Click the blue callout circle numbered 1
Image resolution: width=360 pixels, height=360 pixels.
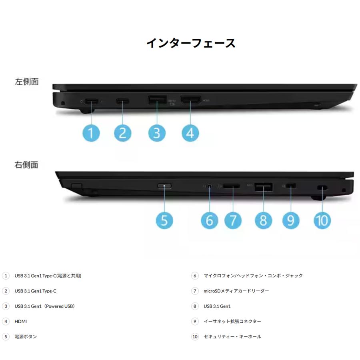[x=92, y=132]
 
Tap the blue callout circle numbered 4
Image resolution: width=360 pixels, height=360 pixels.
[x=190, y=132]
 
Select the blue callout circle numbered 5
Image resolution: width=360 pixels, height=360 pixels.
[x=164, y=220]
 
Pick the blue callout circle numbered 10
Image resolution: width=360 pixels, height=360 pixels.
[x=322, y=220]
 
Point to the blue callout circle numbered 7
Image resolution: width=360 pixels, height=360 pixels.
[x=233, y=220]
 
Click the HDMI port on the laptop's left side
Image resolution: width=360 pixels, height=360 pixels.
[x=190, y=100]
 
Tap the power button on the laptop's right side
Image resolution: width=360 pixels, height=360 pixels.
[x=164, y=186]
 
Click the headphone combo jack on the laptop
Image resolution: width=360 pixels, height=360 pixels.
[x=209, y=186]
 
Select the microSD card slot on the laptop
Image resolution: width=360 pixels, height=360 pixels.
[x=232, y=186]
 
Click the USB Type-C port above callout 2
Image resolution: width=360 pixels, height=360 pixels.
[x=122, y=101]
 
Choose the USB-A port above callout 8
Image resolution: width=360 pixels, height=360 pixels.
[x=264, y=187]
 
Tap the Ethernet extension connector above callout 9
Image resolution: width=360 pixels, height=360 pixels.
[x=291, y=187]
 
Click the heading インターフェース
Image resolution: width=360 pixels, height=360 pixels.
[x=190, y=43]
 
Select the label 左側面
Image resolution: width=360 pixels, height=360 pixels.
[x=27, y=82]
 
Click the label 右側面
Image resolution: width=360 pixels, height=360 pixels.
[x=27, y=164]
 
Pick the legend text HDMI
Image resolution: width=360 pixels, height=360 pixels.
[x=21, y=321]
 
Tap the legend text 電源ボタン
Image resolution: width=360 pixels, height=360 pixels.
[x=26, y=336]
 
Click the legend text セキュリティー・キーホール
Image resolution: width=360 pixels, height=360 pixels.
[x=232, y=336]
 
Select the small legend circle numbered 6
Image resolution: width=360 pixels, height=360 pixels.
[x=195, y=276]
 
